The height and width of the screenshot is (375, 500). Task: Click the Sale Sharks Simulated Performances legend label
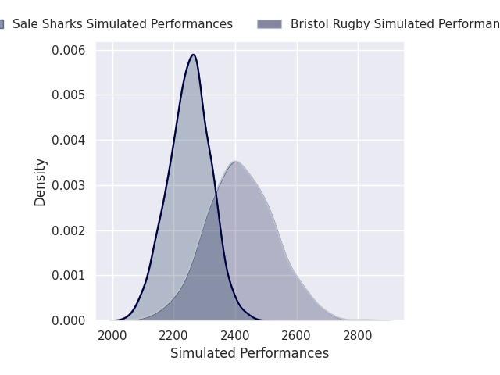[x=123, y=24]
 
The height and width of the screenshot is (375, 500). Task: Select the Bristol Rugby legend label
[x=395, y=24]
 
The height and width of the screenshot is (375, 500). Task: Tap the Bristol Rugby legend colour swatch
[x=270, y=24]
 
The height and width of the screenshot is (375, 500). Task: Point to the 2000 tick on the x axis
[x=112, y=336]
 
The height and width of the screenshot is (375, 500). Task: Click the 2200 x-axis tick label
[x=174, y=336]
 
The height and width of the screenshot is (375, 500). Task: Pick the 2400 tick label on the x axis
[x=235, y=336]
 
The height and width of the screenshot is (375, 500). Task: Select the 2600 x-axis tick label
[x=297, y=336]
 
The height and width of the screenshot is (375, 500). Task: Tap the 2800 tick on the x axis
[x=358, y=336]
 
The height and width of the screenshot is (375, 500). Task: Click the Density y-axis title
[x=41, y=182]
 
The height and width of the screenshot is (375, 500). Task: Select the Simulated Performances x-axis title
[x=249, y=353]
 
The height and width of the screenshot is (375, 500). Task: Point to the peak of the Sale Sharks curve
[x=193, y=55]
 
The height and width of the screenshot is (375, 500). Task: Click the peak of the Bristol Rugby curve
[x=236, y=162]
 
